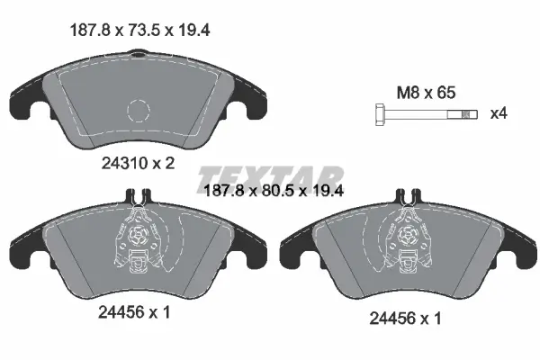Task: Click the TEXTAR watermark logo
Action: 270,176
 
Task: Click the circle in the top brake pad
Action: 138,110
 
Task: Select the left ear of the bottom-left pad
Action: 25,244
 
